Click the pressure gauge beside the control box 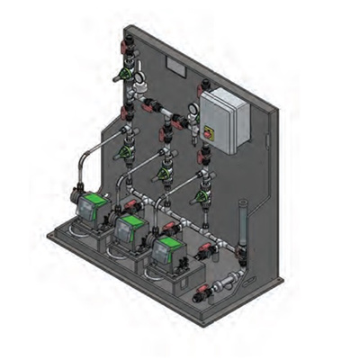tap(193, 112)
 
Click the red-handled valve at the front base tap(202, 290)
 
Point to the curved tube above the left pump tap(90, 162)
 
